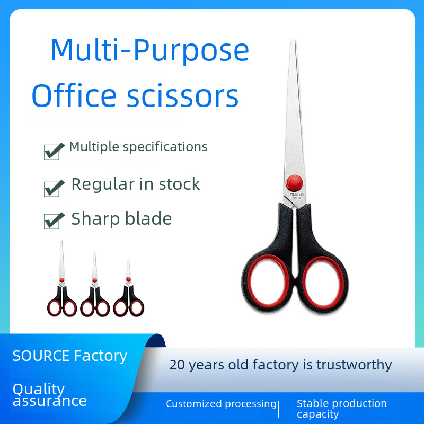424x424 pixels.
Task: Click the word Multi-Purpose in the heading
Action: [x=149, y=51]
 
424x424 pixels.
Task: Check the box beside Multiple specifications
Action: [x=52, y=151]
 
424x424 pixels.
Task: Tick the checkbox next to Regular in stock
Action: [x=52, y=188]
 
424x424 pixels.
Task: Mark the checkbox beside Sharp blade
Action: [x=52, y=220]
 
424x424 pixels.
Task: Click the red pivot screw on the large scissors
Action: [x=294, y=183]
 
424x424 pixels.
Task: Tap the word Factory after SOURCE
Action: [x=101, y=356]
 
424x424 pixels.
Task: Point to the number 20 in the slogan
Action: [x=176, y=365]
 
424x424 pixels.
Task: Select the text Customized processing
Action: [x=221, y=404]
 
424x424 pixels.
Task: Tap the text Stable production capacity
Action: [x=341, y=409]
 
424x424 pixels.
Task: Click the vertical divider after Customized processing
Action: [x=279, y=409]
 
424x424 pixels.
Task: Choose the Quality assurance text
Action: [x=49, y=395]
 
